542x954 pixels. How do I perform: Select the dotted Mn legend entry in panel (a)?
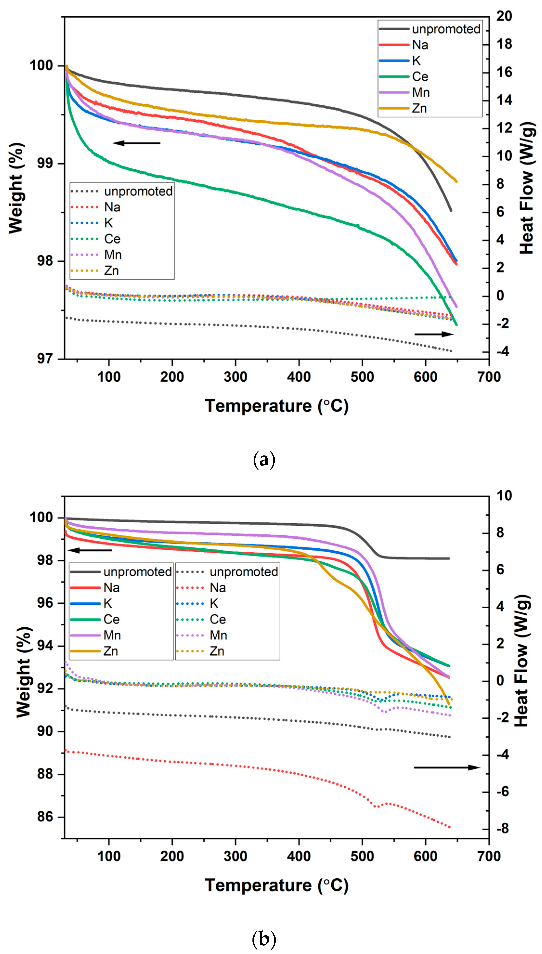point(112,255)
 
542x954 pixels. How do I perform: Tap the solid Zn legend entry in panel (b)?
point(110,651)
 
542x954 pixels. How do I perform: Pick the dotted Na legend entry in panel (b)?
point(217,588)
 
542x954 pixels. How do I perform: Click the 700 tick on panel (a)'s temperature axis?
point(489,377)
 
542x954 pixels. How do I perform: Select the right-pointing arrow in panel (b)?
point(447,767)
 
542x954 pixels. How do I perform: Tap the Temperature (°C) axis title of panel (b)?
point(277,885)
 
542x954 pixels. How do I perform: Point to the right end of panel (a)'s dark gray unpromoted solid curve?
point(451,210)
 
